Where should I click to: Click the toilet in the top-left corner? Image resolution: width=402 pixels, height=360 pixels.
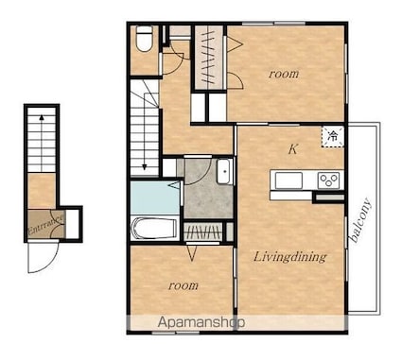[145, 38]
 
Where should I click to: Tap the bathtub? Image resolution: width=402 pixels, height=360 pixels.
[154, 229]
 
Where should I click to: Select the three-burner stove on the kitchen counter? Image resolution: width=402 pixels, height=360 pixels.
[328, 180]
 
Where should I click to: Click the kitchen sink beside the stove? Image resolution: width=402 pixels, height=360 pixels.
[288, 180]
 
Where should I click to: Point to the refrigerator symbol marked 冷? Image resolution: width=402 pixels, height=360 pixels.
[332, 137]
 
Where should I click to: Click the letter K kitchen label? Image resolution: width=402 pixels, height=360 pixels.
[293, 149]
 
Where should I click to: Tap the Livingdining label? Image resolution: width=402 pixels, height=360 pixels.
[289, 257]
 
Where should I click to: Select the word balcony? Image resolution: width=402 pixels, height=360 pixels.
[360, 220]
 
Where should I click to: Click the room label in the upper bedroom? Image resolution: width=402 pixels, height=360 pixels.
[284, 74]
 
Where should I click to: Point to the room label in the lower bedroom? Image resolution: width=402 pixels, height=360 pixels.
[184, 285]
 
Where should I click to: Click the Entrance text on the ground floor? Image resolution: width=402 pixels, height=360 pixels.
[46, 224]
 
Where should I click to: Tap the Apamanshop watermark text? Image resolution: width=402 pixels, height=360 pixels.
[201, 322]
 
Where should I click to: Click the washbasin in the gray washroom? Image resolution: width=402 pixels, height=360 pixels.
[224, 172]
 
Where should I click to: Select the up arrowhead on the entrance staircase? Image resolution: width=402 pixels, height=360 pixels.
[42, 118]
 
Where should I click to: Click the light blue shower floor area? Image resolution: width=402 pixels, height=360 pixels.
[155, 197]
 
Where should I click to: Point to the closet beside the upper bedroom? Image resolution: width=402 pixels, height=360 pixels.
[208, 58]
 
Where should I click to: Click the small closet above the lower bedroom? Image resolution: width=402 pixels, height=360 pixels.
[202, 232]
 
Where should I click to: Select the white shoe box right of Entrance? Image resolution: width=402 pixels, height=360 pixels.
[72, 223]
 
